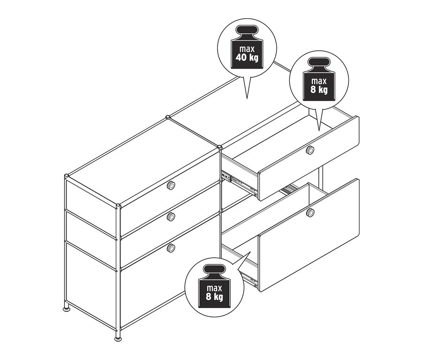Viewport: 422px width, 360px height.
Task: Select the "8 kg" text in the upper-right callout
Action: pyautogui.click(x=319, y=90)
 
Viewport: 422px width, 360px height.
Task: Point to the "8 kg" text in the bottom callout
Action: pyautogui.click(x=214, y=296)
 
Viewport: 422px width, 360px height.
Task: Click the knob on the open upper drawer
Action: pyautogui.click(x=309, y=150)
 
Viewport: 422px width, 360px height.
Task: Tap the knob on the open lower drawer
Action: pyautogui.click(x=309, y=213)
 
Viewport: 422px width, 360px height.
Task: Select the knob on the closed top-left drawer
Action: pyautogui.click(x=171, y=185)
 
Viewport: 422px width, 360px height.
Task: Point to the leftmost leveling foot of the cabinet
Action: pyautogui.click(x=67, y=308)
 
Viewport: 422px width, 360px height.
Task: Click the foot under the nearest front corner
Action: pyautogui.click(x=118, y=336)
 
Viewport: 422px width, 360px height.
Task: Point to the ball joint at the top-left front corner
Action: pyautogui.click(x=67, y=177)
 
